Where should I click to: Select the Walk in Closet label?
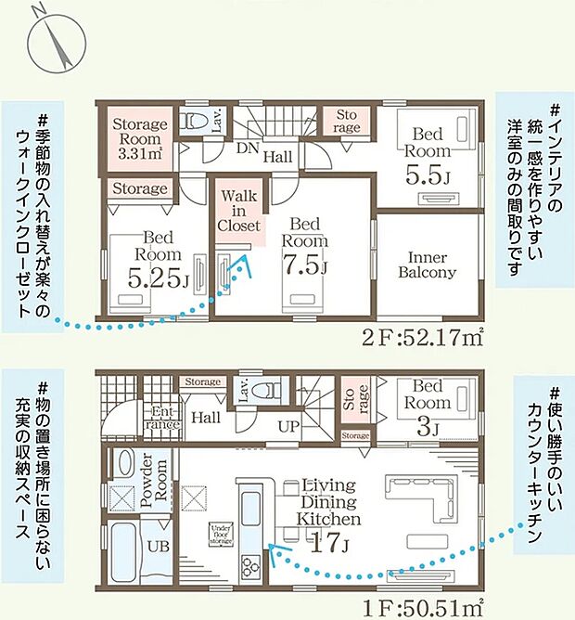[239, 211]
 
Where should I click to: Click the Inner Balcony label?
[427, 264]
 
